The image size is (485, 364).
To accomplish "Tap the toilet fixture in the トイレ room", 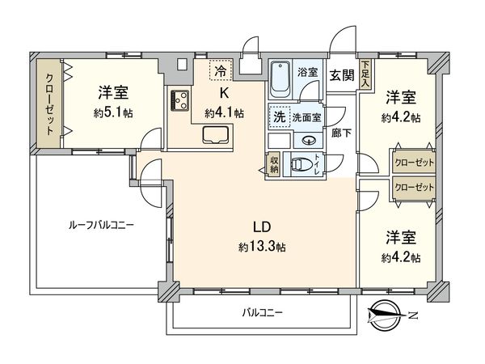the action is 299,164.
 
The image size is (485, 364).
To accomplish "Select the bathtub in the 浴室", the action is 280,79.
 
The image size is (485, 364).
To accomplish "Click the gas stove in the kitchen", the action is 179,100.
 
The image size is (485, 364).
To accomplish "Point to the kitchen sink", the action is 216,135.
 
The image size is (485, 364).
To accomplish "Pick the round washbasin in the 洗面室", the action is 308,141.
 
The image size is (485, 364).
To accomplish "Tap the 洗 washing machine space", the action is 280,117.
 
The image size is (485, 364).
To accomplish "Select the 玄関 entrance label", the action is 341,75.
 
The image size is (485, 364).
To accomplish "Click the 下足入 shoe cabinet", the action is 366,74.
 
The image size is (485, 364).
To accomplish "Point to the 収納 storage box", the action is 274,164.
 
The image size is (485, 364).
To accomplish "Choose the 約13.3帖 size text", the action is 262,248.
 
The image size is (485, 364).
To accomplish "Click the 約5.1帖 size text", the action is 113,113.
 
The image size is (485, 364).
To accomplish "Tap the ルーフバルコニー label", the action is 101,225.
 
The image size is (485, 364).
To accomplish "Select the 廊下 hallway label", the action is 341,133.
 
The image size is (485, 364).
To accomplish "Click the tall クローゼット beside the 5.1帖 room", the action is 49,104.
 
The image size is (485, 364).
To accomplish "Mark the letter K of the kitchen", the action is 224,93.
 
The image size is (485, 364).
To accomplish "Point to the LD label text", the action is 262,227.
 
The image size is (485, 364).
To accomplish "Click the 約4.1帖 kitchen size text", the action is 224,113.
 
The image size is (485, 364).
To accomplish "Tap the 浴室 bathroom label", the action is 307,73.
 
